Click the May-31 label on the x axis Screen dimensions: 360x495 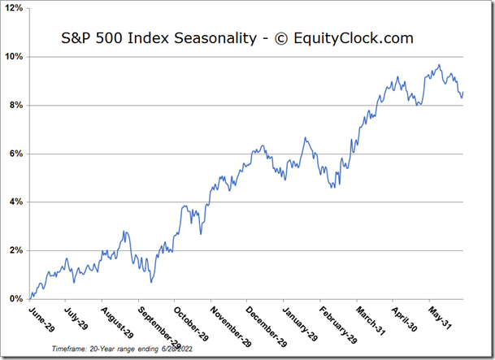pyautogui.click(x=438, y=318)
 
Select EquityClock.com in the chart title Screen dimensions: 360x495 pyautogui.click(x=354, y=38)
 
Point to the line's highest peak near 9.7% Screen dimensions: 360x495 pyautogui.click(x=439, y=65)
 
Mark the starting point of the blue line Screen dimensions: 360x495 pyautogui.click(x=29, y=298)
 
